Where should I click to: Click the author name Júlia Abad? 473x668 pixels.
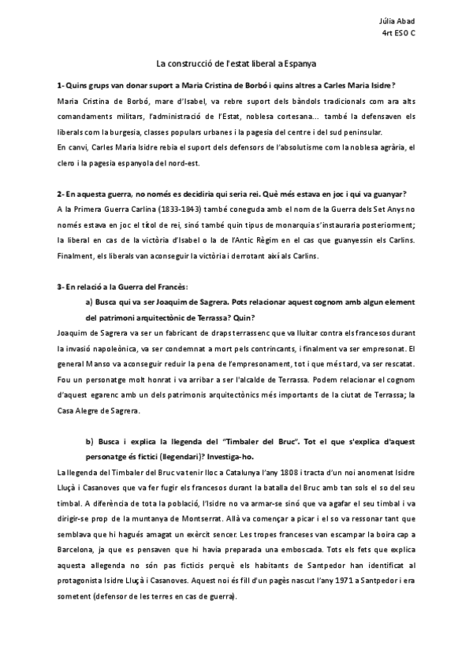click(400, 20)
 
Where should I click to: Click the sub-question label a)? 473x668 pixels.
click(89, 302)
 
